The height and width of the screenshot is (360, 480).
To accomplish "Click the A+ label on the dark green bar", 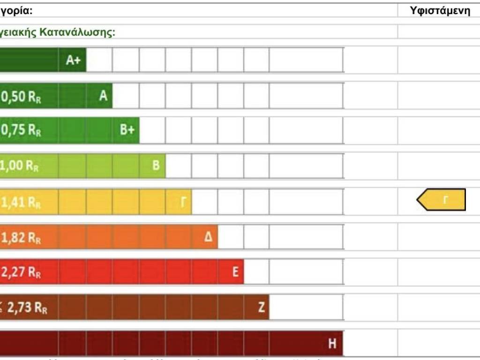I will point(73,60).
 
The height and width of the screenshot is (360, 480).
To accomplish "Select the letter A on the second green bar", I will point(103,96).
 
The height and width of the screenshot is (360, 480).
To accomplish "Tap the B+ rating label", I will point(127,130).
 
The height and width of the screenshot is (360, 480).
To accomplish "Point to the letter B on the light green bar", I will point(156,165).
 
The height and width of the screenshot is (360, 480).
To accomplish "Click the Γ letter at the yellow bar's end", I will point(183,202).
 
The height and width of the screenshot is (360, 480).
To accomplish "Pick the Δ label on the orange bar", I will point(208,237).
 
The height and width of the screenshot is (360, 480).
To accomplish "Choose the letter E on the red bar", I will point(235,272).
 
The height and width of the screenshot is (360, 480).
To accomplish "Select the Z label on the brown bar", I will point(261,307).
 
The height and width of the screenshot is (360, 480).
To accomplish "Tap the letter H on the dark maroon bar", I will point(332,344).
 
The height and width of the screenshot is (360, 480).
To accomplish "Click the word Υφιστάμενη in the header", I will point(440,11).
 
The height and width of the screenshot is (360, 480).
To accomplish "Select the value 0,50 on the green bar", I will point(13,97).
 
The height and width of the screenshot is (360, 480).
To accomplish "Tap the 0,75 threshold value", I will point(13,131).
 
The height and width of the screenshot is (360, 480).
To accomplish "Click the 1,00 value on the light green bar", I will point(12,166).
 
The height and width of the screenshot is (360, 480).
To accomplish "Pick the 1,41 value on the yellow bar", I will point(13,202).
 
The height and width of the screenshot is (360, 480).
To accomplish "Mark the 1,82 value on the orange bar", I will point(13,238).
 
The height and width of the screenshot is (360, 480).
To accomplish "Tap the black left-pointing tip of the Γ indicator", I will point(419,200).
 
